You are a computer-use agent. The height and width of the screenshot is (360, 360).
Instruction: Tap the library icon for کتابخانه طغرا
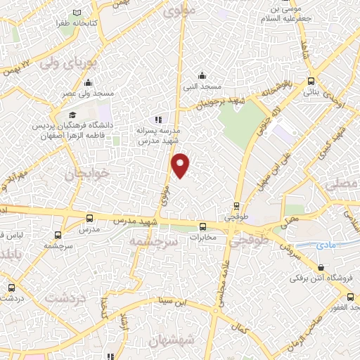(x=77, y=13)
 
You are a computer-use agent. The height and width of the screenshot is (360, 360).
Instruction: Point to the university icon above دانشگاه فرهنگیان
(x=72, y=115)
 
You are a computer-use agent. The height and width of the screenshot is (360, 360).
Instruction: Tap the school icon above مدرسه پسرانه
(x=158, y=120)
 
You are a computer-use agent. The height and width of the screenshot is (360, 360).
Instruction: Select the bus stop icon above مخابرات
(x=202, y=226)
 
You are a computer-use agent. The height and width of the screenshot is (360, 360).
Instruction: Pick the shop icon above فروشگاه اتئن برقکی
(x=321, y=267)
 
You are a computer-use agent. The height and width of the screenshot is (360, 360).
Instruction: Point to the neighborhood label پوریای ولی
(x=68, y=62)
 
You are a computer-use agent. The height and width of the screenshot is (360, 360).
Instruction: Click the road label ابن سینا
(x=174, y=302)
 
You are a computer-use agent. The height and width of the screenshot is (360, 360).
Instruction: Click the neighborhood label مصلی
(x=342, y=184)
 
